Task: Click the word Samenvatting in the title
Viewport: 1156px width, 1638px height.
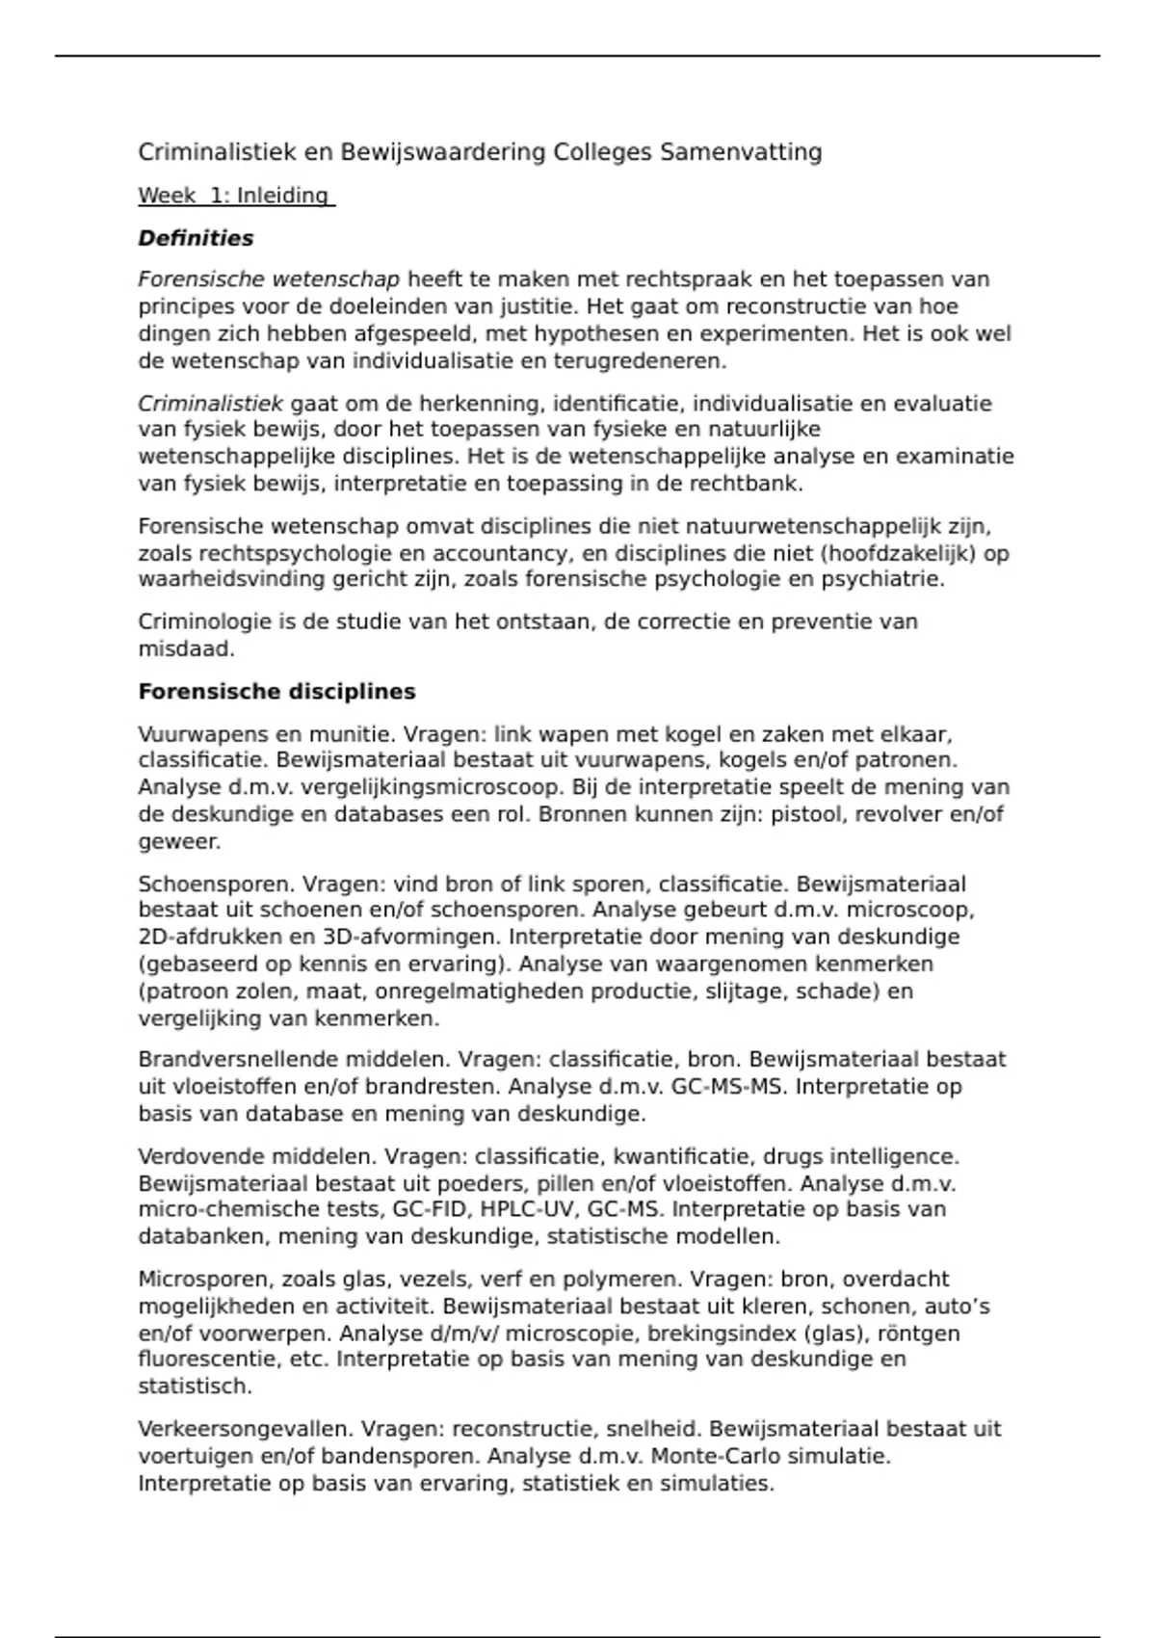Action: click(x=740, y=152)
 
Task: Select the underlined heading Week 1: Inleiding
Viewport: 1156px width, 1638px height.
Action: click(x=236, y=196)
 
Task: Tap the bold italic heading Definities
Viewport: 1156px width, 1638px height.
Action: click(x=196, y=238)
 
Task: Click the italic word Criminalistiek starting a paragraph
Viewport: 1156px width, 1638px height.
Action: click(x=210, y=404)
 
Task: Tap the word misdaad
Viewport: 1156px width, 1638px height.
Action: click(x=186, y=649)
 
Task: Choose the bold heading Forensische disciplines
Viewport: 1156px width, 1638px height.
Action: click(x=276, y=692)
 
